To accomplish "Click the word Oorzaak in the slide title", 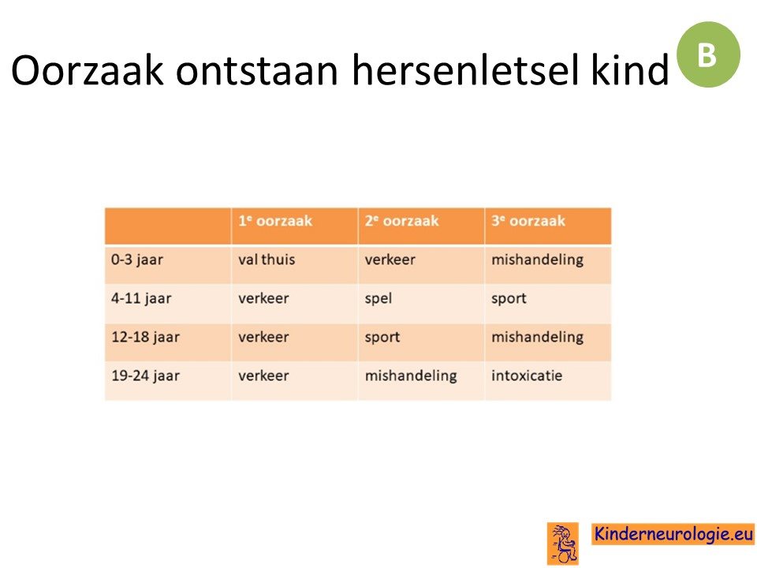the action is pyautogui.click(x=88, y=70).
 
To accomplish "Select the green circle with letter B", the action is pyautogui.click(x=708, y=54).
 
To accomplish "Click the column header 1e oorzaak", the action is pyautogui.click(x=275, y=221).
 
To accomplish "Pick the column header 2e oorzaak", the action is pyautogui.click(x=401, y=221).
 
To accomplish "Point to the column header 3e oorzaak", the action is pyautogui.click(x=528, y=221).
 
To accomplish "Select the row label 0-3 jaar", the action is pyautogui.click(x=137, y=260).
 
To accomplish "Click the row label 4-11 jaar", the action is pyautogui.click(x=141, y=299).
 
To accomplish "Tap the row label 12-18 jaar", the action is pyautogui.click(x=145, y=338).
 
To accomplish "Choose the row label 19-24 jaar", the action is pyautogui.click(x=145, y=376).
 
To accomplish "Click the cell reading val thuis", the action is pyautogui.click(x=267, y=260).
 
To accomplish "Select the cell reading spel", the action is pyautogui.click(x=378, y=299).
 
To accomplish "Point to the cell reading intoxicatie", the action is pyautogui.click(x=527, y=376).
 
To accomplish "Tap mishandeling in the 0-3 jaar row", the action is pyautogui.click(x=537, y=260).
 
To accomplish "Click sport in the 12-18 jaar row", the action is pyautogui.click(x=382, y=338).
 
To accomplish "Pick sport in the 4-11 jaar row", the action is pyautogui.click(x=509, y=299).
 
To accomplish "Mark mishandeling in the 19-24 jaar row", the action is pyautogui.click(x=411, y=376).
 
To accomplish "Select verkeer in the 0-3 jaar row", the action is pyautogui.click(x=390, y=260).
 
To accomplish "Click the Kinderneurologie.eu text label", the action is pyautogui.click(x=673, y=534).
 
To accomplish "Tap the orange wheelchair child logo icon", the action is pyautogui.click(x=563, y=544).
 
